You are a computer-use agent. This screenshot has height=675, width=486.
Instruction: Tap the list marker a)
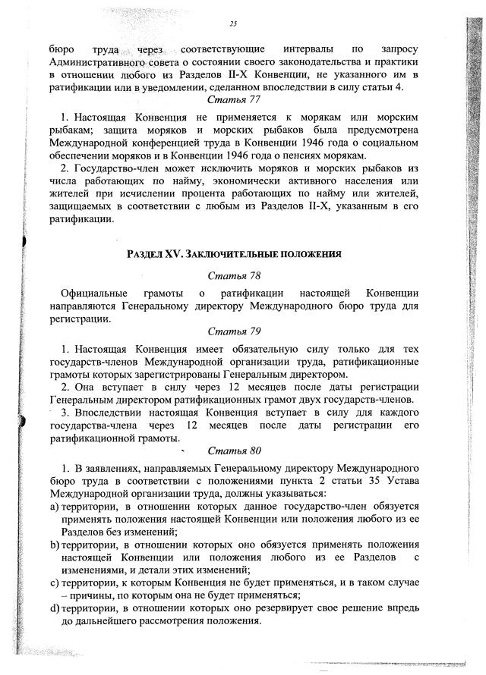pyautogui.click(x=55, y=505)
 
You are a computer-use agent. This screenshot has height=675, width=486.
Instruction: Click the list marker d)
pyautogui.click(x=55, y=608)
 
